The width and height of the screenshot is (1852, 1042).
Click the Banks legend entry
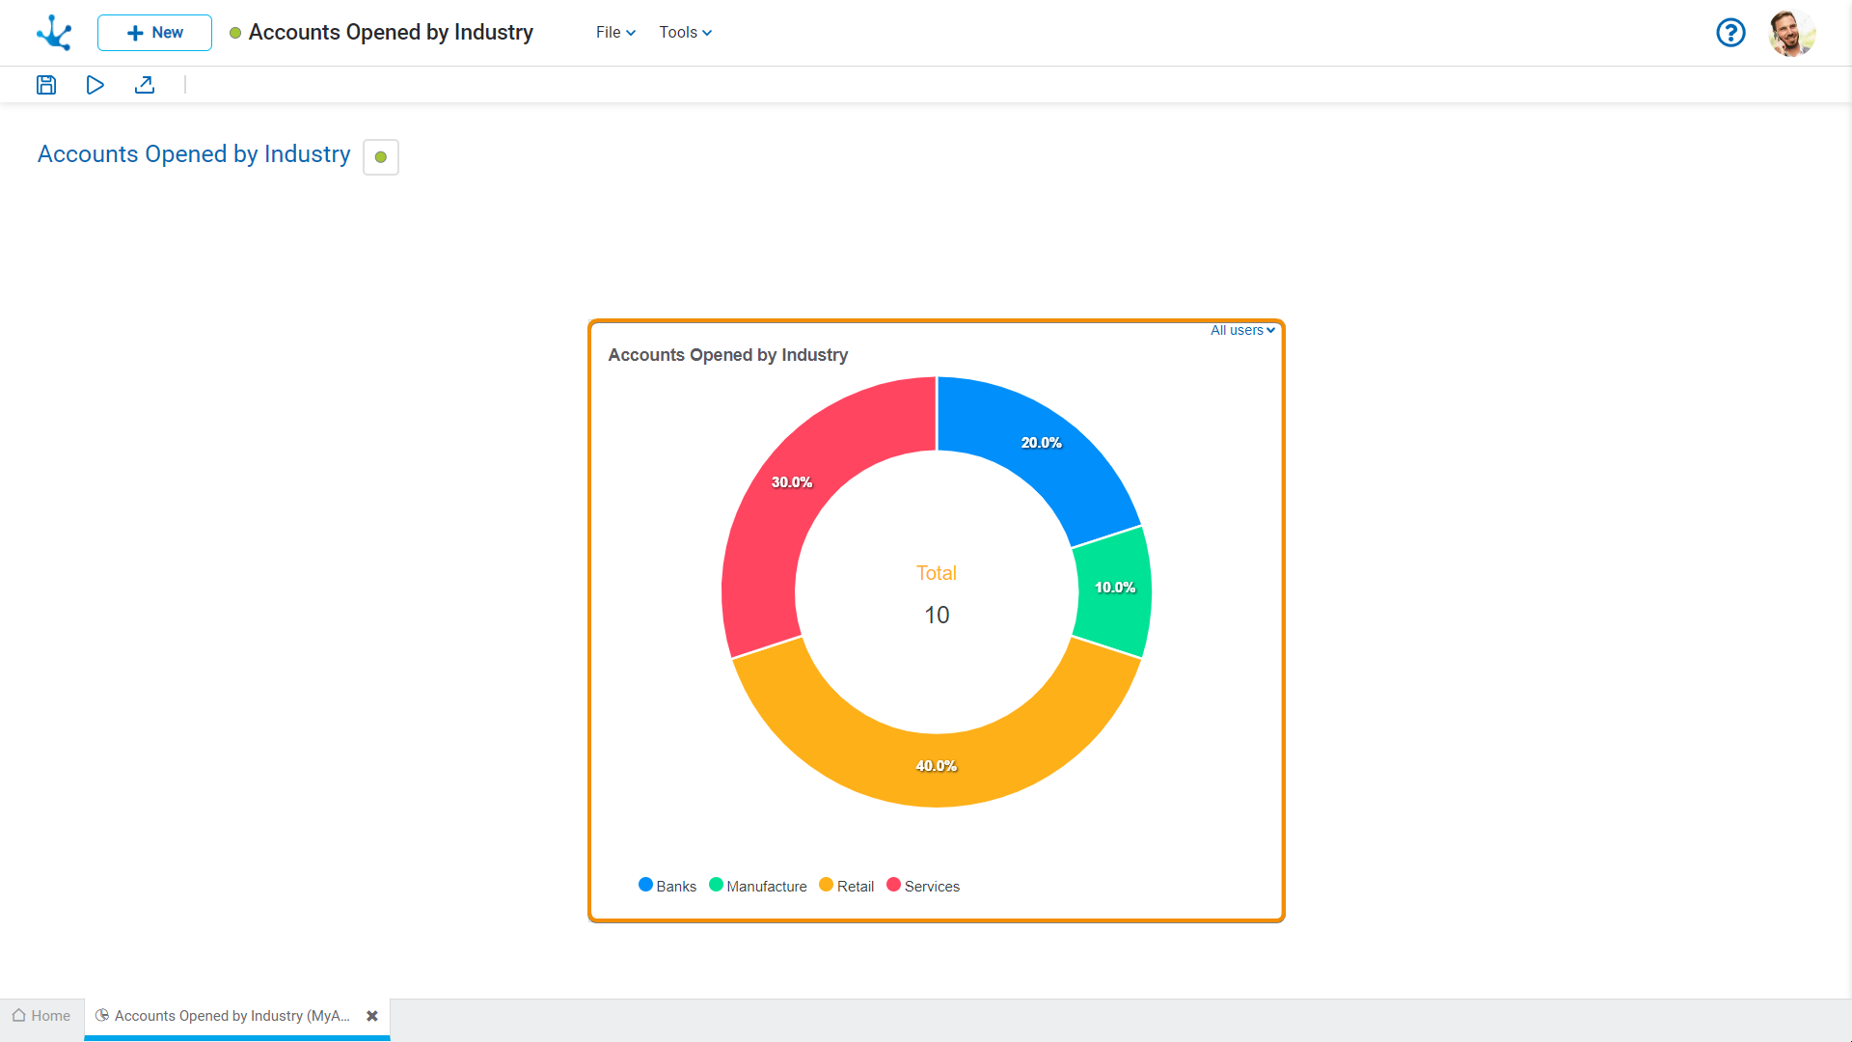tap(667, 886)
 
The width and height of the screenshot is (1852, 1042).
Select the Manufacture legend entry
tap(758, 886)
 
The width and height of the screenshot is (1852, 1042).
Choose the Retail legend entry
tap(847, 886)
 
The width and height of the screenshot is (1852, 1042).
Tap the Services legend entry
tap(923, 886)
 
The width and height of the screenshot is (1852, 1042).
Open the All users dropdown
tap(1242, 330)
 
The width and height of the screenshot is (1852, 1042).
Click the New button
tap(154, 33)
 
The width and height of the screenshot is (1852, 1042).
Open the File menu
tap(615, 33)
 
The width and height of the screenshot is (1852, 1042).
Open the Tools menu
tap(685, 33)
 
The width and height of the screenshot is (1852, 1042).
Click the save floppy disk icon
tap(46, 85)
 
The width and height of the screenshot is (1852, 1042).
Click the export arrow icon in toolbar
tap(145, 85)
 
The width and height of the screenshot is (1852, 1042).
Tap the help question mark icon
tap(1730, 33)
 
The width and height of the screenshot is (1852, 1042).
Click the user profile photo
tap(1792, 33)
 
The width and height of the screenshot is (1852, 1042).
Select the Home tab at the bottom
tap(41, 1016)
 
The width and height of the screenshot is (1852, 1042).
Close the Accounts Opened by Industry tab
tap(372, 1016)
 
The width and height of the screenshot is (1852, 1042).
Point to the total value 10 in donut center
tap(937, 616)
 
